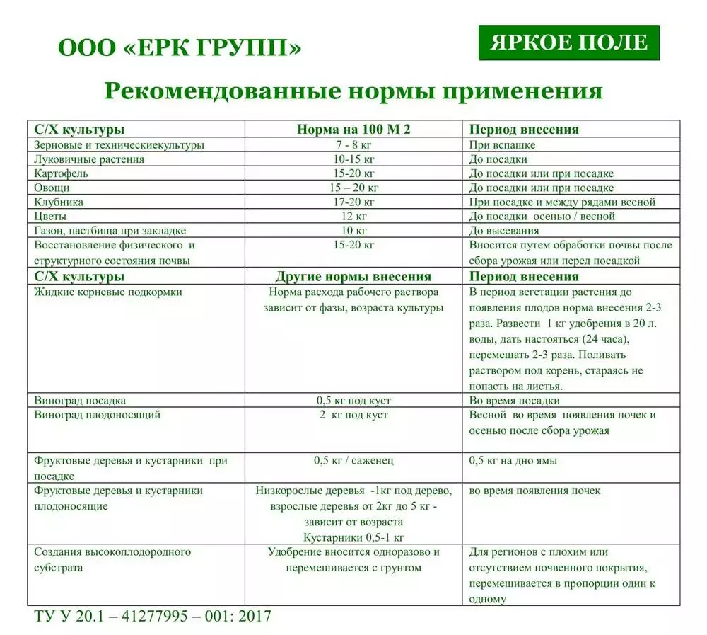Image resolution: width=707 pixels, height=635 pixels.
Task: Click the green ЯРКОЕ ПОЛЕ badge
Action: coord(568,43)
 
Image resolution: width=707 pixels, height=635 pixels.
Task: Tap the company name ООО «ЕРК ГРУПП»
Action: coord(180,48)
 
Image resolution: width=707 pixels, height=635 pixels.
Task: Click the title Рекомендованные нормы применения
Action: coord(353,91)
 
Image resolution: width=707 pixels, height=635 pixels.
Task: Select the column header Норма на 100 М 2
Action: coord(353,130)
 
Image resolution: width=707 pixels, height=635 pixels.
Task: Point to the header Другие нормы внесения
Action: coord(353,277)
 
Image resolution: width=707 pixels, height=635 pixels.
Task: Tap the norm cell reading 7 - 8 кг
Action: coord(353,144)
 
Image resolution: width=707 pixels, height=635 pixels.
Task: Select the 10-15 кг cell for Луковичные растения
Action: coord(353,159)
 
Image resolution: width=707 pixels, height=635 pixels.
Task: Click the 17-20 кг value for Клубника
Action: coord(353,202)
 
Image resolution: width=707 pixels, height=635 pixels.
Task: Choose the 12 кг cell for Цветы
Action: coord(353,216)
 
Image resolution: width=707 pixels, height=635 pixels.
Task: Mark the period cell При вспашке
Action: coord(503,144)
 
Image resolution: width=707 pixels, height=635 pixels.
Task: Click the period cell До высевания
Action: coord(504,231)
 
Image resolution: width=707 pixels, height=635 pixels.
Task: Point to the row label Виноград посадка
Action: coord(80,400)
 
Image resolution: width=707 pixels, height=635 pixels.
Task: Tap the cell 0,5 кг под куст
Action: coord(353,400)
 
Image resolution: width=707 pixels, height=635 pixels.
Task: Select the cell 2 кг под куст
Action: coord(353,415)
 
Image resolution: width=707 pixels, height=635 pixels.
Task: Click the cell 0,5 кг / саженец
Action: coord(353,460)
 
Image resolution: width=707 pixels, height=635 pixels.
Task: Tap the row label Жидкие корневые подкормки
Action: coord(108,292)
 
